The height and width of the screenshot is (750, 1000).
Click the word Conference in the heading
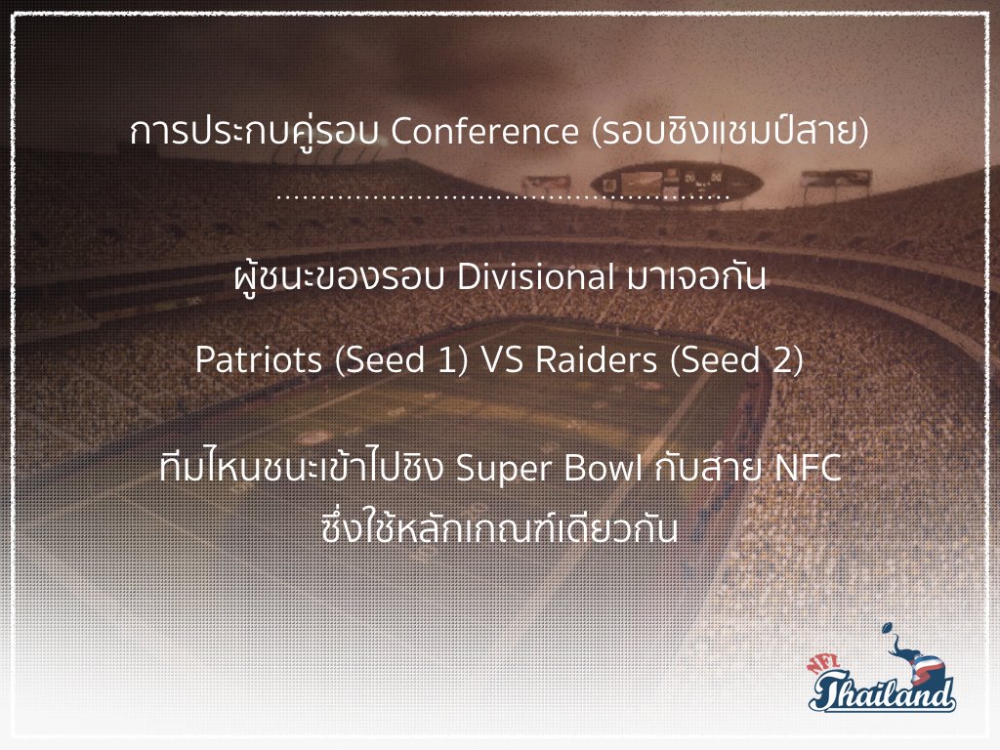[484, 132]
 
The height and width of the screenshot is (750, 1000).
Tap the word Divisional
[536, 277]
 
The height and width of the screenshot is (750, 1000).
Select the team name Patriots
[258, 359]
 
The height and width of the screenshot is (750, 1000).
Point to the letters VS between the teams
[501, 359]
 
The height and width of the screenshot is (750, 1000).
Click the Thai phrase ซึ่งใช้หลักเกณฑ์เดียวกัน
[499, 529]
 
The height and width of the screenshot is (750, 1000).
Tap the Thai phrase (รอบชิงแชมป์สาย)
[730, 132]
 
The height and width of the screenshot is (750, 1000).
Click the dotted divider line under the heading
[503, 197]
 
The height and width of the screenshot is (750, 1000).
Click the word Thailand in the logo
[883, 691]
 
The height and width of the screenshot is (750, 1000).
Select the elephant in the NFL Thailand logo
[918, 662]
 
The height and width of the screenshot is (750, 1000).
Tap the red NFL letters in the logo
[825, 664]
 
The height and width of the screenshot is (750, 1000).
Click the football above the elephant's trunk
[887, 629]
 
